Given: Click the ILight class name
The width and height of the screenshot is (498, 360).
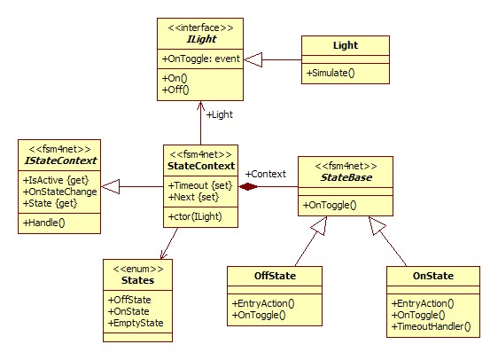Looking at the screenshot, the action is tap(201, 39).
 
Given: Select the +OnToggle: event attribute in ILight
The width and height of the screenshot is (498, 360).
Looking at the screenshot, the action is tap(201, 59).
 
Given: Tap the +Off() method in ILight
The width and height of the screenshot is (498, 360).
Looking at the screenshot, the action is tap(175, 90).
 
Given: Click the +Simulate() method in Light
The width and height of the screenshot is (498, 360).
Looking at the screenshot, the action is tap(331, 73).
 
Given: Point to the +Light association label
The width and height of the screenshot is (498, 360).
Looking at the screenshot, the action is tap(220, 114).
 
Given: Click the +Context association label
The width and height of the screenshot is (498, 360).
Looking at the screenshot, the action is tap(266, 174).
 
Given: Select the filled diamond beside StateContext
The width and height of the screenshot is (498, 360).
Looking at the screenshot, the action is tap(248, 186).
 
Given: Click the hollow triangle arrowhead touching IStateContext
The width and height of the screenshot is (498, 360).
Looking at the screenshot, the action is tap(110, 186).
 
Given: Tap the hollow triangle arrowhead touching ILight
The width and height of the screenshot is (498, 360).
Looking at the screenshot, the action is tap(253, 59).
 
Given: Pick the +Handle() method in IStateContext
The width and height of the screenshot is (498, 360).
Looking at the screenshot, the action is tap(43, 223).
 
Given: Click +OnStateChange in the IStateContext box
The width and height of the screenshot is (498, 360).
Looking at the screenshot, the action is tap(59, 192).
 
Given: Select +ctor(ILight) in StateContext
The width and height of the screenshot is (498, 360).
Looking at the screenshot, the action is tap(195, 216).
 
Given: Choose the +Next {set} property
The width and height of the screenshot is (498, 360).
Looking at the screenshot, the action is tap(193, 197).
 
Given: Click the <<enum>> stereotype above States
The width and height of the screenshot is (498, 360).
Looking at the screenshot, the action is tap(138, 270).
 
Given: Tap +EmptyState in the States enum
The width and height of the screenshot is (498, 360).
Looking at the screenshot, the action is tap(136, 323).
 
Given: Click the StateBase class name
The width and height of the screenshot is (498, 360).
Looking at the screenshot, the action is tap(346, 177).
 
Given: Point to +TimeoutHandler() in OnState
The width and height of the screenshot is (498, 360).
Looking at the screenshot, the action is tap(431, 326).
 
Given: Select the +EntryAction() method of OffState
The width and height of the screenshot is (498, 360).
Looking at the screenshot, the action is tap(263, 303).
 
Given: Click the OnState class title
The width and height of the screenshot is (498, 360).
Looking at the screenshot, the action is tap(433, 276).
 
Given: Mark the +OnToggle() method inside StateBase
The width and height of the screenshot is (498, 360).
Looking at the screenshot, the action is tap(330, 205).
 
